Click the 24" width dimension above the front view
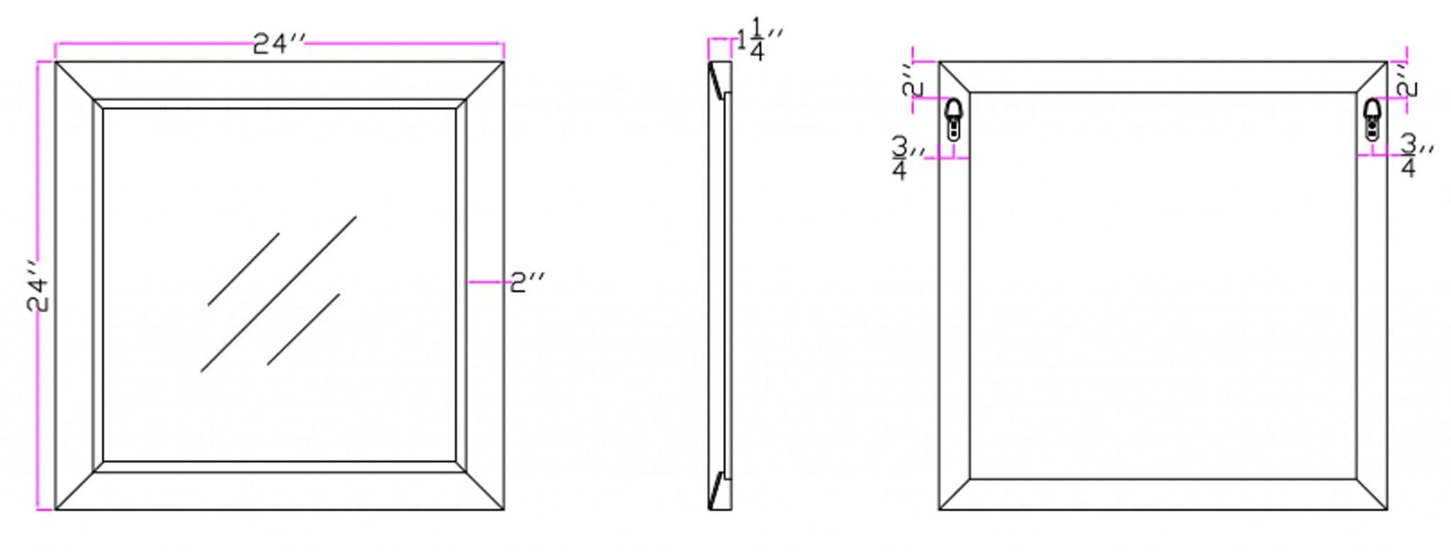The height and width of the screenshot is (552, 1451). tap(280, 44)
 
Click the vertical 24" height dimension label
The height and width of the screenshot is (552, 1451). tap(39, 286)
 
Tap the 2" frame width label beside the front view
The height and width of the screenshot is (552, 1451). tap(527, 282)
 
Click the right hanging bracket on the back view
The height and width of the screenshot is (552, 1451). tap(1372, 119)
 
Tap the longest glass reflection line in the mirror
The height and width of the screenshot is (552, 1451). tap(278, 294)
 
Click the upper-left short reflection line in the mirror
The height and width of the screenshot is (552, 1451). tap(243, 269)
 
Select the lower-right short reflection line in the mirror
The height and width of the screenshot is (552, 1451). tap(303, 329)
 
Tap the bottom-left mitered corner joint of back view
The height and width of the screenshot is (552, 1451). tap(954, 495)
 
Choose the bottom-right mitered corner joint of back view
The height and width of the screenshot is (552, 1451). tap(1372, 495)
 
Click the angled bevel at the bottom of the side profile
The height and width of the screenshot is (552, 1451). tap(718, 490)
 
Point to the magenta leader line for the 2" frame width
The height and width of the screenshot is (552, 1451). tap(488, 282)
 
